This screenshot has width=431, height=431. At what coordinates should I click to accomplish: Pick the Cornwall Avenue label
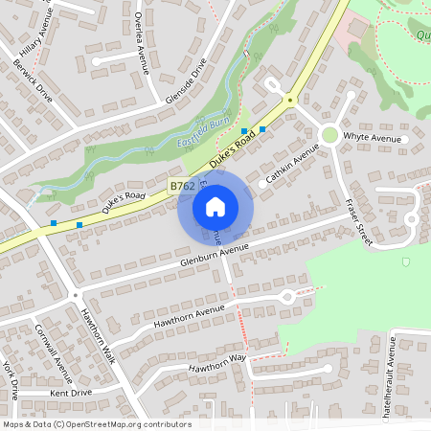tap(54, 363)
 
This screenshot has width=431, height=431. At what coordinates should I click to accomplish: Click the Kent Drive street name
tap(70, 392)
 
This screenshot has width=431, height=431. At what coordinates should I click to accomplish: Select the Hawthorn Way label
tap(217, 362)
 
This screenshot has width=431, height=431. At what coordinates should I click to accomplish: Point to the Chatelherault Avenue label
tap(390, 378)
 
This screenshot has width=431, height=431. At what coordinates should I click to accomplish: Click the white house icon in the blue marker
tap(215, 206)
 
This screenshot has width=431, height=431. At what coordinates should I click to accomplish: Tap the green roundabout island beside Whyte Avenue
tap(329, 135)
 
